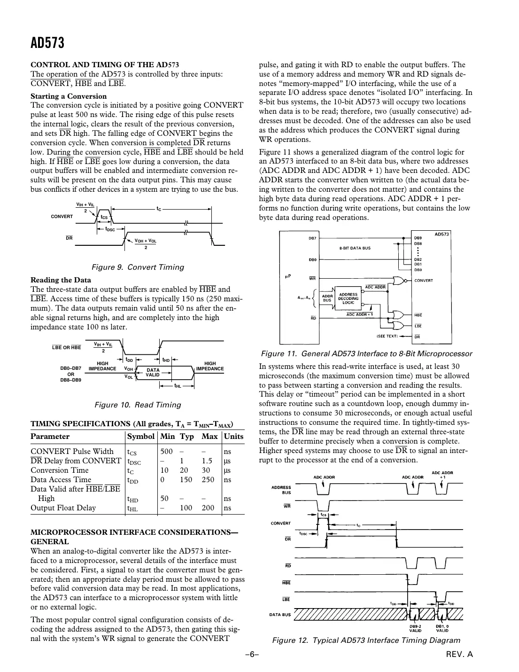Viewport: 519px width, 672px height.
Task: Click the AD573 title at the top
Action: pyautogui.click(x=47, y=44)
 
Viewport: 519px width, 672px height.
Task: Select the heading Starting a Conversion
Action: pyautogui.click(x=69, y=96)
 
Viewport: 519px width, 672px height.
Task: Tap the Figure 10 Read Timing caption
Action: pyautogui.click(x=138, y=405)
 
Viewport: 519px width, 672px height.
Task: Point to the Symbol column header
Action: pyautogui.click(x=141, y=437)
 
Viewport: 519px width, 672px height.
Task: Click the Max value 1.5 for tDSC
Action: pyautogui.click(x=207, y=461)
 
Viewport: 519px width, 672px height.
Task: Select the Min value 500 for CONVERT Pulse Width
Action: pyautogui.click(x=166, y=452)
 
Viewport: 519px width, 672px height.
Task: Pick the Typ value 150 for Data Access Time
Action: pyautogui.click(x=186, y=480)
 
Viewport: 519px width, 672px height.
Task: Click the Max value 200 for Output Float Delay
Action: pyautogui.click(x=208, y=508)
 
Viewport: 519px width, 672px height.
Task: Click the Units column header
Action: pyautogui.click(x=233, y=437)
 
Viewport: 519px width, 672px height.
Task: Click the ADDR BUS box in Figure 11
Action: pyautogui.click(x=327, y=298)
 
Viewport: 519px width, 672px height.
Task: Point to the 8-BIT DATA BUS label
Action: pyautogui.click(x=355, y=248)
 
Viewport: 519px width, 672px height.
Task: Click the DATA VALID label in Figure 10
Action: pyautogui.click(x=153, y=373)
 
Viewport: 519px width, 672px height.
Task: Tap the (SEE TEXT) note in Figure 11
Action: pyautogui.click(x=387, y=336)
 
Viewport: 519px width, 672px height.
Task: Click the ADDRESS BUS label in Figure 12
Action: pyautogui.click(x=281, y=491)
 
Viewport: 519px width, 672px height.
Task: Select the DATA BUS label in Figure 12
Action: pyautogui.click(x=280, y=614)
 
